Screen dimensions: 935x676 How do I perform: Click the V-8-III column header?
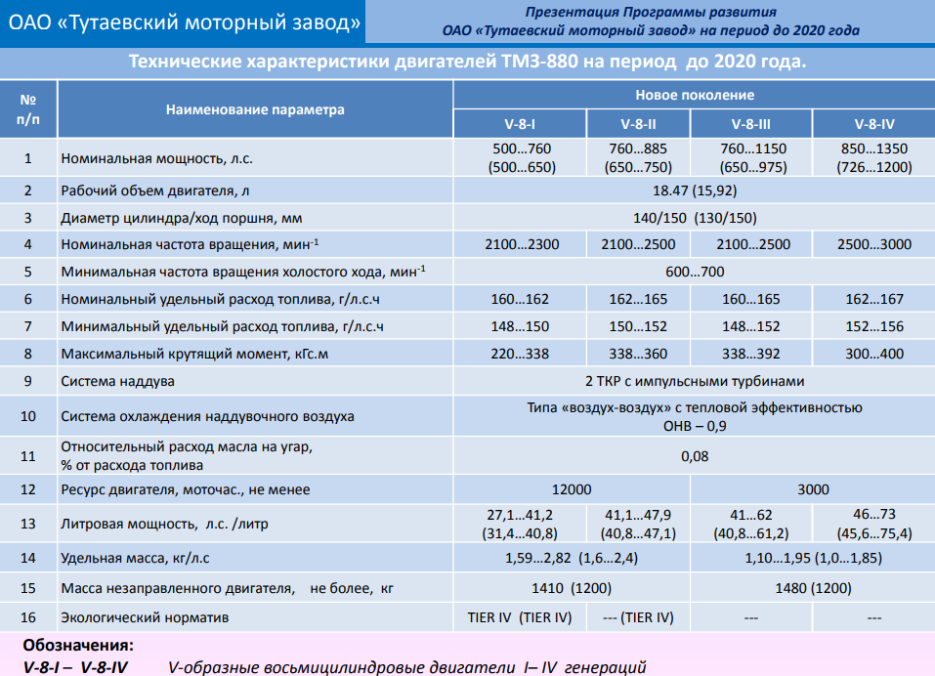click(750, 124)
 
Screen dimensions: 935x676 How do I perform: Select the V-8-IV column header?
click(874, 124)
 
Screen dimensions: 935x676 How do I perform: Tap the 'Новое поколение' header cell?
click(695, 95)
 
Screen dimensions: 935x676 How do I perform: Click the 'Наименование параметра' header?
click(255, 109)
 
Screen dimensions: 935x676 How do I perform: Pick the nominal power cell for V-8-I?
click(522, 158)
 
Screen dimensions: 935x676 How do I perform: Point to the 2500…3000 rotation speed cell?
click(874, 244)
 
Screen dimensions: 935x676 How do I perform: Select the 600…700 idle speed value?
click(695, 272)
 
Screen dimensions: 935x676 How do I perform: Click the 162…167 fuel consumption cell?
click(874, 299)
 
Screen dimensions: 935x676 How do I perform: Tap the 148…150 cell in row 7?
click(520, 326)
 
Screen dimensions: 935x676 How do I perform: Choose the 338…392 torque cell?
click(750, 354)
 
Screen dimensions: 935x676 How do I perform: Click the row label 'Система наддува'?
click(117, 382)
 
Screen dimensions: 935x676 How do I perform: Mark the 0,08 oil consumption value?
click(695, 456)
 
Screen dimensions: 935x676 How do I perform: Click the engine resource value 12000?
click(572, 489)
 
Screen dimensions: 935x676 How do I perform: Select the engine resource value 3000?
click(813, 489)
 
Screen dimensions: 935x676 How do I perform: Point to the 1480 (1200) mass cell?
click(813, 588)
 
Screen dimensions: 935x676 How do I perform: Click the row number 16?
click(28, 617)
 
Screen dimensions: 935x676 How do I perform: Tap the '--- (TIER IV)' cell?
click(638, 617)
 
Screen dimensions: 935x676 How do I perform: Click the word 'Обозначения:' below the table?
click(78, 645)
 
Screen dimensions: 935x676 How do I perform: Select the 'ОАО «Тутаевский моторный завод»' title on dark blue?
click(185, 22)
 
